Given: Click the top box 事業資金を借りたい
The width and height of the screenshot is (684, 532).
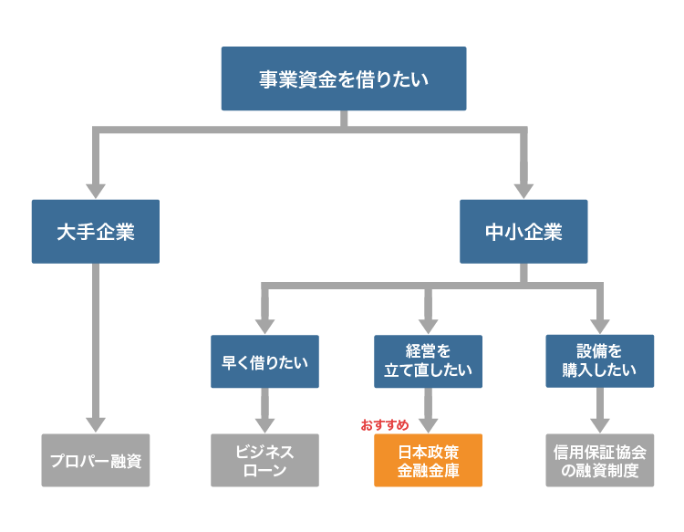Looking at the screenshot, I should coord(344,78).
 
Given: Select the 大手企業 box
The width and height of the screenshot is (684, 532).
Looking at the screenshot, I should coord(95,232).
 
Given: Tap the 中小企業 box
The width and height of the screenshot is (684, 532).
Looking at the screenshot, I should coord(523,232).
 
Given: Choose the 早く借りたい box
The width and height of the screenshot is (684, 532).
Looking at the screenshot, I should coord(264,361).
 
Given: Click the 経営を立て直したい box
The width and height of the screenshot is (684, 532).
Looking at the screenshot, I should coord(428,361).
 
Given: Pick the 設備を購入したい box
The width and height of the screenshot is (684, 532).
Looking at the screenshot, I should coord(599,361).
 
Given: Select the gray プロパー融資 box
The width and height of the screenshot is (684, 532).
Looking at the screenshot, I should coord(95,460).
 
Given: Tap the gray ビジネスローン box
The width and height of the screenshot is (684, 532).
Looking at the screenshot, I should coord(264,460).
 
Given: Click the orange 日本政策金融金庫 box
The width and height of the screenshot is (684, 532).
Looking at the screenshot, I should coord(428,460).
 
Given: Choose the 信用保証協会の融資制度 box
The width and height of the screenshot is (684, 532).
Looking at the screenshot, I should coord(599,460).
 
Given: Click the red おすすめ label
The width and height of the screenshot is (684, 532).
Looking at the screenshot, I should coord(384,425).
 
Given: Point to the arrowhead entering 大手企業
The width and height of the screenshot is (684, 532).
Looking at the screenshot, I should coord(95,189).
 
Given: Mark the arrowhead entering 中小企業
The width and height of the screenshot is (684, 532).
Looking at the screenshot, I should coord(523,189).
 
